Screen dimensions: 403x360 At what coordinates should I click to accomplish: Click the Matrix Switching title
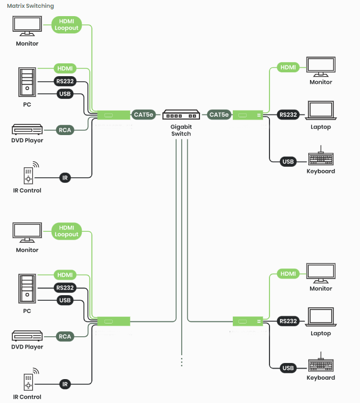(31, 6)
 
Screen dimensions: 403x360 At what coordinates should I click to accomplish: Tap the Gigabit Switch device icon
(181, 115)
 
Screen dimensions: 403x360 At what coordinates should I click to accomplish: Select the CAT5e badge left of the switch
(144, 115)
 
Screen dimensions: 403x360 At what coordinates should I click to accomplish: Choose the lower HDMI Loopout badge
(67, 231)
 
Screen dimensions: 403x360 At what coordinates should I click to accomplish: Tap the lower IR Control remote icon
(29, 382)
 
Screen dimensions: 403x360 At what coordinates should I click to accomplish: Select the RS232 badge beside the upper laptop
(288, 115)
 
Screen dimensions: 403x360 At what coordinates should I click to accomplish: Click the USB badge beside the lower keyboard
(288, 368)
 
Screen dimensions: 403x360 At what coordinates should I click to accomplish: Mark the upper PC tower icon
(27, 82)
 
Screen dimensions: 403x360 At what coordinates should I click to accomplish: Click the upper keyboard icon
(321, 158)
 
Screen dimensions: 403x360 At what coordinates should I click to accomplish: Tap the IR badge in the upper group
(65, 178)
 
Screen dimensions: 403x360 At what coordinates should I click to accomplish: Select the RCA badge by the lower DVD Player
(65, 336)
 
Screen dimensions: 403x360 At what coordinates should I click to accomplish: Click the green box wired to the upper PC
(113, 116)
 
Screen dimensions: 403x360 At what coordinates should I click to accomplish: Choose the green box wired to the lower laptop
(247, 322)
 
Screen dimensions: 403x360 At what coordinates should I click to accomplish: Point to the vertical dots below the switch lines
(182, 361)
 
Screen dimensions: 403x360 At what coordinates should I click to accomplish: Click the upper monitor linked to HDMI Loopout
(26, 26)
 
